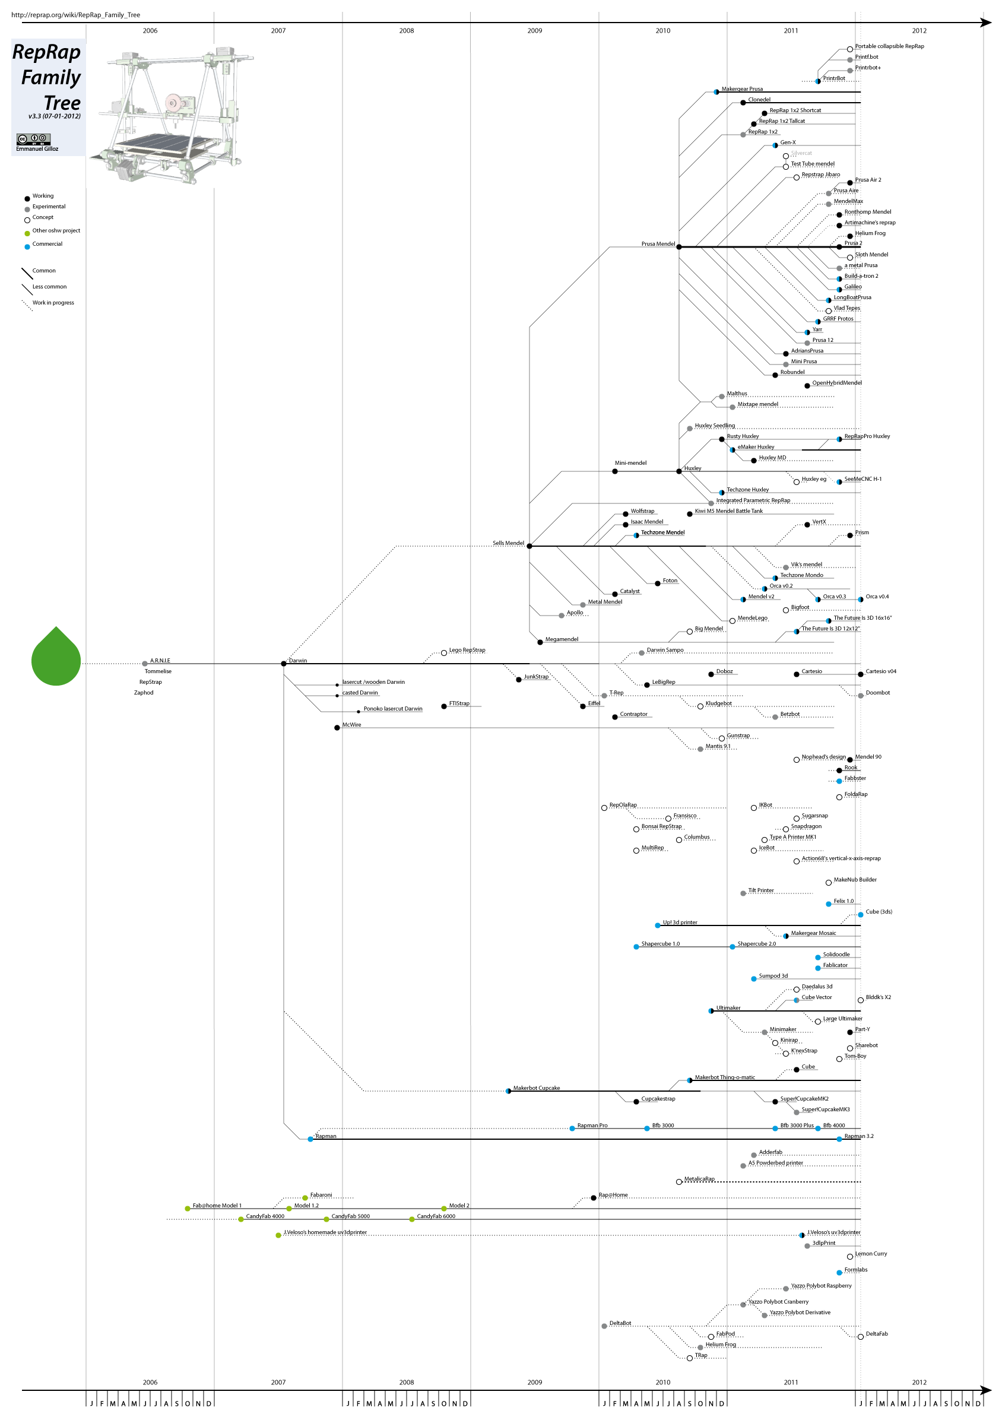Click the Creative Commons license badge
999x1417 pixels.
(x=33, y=139)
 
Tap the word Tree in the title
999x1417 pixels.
(x=62, y=103)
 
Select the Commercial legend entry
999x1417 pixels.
(x=47, y=245)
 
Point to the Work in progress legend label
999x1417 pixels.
(x=53, y=303)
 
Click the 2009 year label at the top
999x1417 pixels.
(x=534, y=30)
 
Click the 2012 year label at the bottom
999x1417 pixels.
(x=919, y=1383)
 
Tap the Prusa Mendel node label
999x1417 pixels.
(x=658, y=244)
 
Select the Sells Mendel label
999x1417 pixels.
(x=508, y=543)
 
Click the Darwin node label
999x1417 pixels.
(x=298, y=660)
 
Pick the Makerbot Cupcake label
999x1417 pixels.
(x=536, y=1088)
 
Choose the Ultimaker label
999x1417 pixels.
(x=728, y=1008)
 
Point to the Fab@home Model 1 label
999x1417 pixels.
(x=217, y=1205)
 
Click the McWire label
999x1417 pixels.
(x=352, y=725)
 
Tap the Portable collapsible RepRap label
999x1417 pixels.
(x=889, y=46)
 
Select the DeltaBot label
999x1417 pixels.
(x=620, y=1323)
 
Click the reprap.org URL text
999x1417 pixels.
(x=75, y=15)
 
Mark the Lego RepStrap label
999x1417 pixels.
(x=467, y=650)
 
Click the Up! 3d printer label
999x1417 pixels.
(x=680, y=923)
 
